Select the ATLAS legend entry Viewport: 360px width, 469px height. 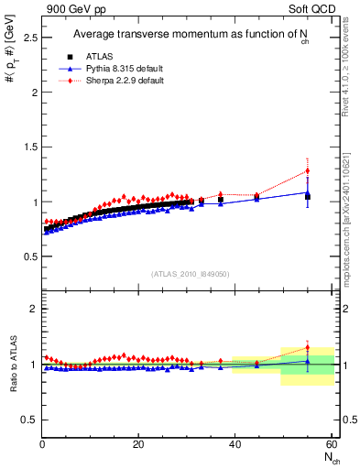click(x=95, y=57)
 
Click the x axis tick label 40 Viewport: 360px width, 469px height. click(x=235, y=444)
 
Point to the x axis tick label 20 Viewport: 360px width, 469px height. click(x=138, y=444)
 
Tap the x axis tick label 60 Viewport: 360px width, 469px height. click(x=332, y=444)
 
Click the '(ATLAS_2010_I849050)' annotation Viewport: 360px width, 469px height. click(x=190, y=274)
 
